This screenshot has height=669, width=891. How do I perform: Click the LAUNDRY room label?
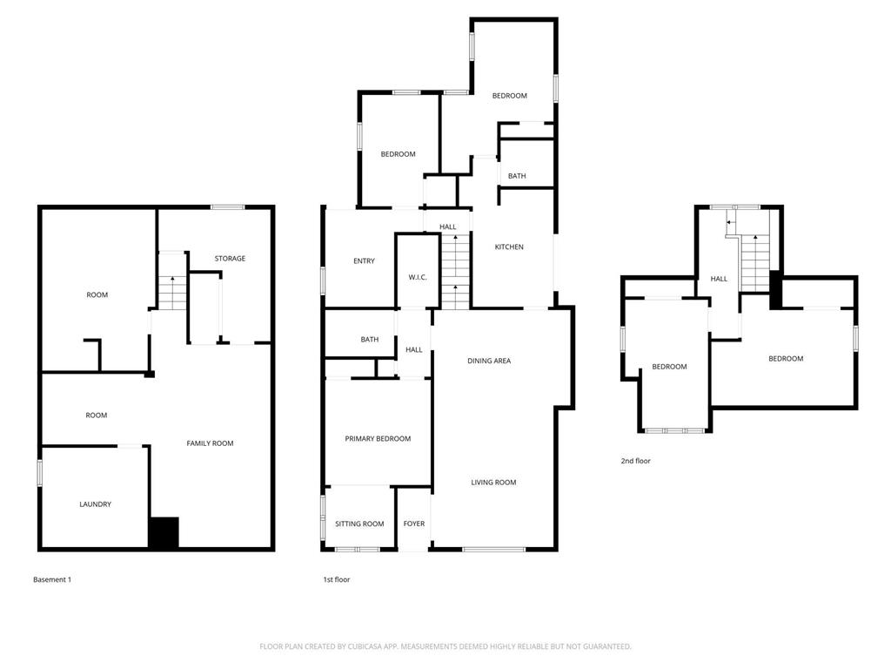95,504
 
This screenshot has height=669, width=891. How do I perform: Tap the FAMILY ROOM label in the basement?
210,443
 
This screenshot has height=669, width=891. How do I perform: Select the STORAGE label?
230,259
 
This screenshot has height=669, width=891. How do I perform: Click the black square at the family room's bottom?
163,533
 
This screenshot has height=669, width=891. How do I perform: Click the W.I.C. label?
418,277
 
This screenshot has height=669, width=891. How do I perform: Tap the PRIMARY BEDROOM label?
378,439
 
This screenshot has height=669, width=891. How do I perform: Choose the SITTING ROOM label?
359,524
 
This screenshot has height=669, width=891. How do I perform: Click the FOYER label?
414,524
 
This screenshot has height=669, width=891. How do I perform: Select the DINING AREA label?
489,361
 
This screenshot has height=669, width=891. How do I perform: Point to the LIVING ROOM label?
493,483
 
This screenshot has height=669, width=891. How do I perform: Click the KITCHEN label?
509,247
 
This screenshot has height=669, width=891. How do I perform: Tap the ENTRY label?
364,261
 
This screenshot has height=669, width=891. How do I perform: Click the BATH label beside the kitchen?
517,176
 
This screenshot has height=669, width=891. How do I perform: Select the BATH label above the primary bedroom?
370,340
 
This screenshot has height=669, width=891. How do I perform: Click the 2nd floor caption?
635,461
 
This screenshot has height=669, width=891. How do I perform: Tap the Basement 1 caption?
52,579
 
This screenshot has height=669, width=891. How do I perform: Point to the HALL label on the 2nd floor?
719,280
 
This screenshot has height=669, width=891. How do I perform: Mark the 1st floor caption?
336,579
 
